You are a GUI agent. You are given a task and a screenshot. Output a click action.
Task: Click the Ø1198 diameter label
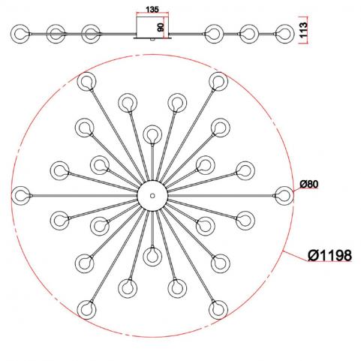coord(329,255)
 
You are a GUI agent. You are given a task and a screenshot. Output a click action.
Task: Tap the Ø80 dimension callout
coord(309,185)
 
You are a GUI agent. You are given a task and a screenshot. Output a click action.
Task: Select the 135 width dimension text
coord(152,10)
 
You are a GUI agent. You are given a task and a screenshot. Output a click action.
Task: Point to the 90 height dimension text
coord(161,27)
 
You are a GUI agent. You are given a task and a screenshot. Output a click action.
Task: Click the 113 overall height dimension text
coord(303,30)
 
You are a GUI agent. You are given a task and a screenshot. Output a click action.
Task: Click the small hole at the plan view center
coord(152,195)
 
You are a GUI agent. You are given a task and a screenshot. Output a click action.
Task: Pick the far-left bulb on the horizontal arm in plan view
coord(21,195)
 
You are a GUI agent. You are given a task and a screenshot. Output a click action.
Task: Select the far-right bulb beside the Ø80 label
coord(284,195)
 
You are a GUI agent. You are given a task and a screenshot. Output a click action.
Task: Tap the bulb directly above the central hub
coord(152,134)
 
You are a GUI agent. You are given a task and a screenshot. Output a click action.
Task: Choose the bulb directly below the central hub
coord(152,256)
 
